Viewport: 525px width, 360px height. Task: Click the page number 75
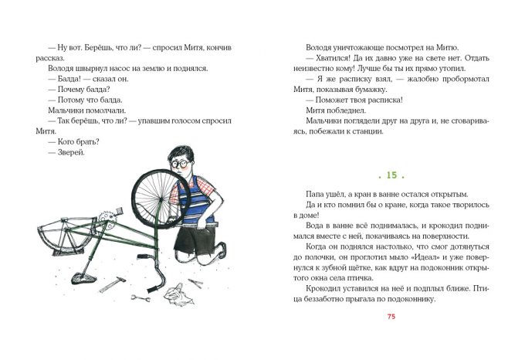[391, 317]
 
